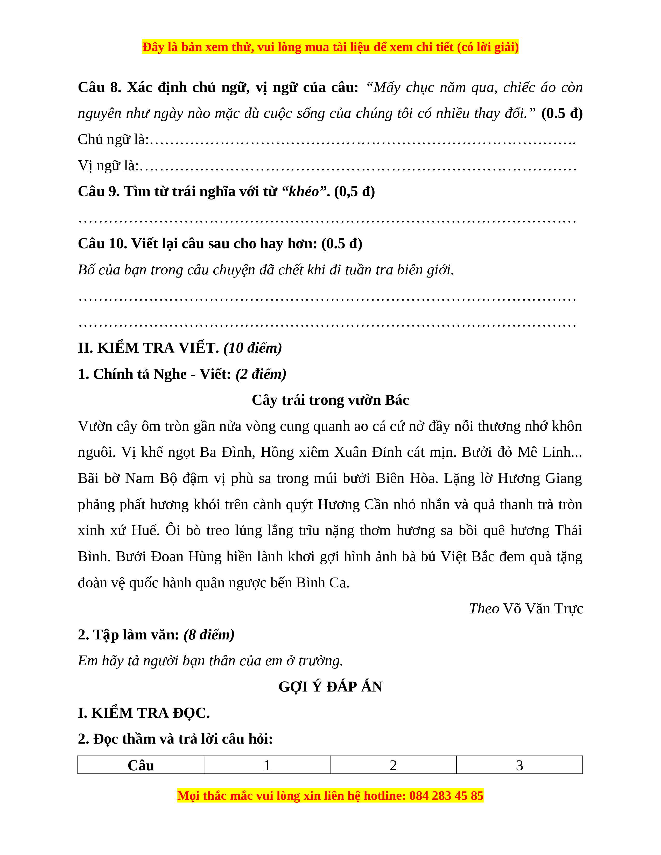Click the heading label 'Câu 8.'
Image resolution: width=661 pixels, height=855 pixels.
pyautogui.click(x=100, y=87)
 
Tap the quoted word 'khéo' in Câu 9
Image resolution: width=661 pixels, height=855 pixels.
pyautogui.click(x=304, y=191)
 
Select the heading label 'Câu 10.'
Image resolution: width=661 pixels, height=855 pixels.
pyautogui.click(x=103, y=244)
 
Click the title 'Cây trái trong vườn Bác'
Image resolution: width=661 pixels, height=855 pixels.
pyautogui.click(x=330, y=400)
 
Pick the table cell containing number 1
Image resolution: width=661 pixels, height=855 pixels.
pyautogui.click(x=267, y=765)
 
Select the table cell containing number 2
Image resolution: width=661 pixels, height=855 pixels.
pyautogui.click(x=393, y=765)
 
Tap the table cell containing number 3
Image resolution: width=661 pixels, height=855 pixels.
pyautogui.click(x=519, y=765)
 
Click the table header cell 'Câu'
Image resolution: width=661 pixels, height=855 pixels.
pyautogui.click(x=141, y=765)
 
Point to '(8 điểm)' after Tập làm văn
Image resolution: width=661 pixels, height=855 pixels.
pyautogui.click(x=209, y=635)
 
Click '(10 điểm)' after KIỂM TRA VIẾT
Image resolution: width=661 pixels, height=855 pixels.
pyautogui.click(x=252, y=348)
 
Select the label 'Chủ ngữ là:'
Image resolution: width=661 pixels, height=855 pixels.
pyautogui.click(x=113, y=139)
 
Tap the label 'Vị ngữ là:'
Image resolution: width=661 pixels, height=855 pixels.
pyautogui.click(x=108, y=166)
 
